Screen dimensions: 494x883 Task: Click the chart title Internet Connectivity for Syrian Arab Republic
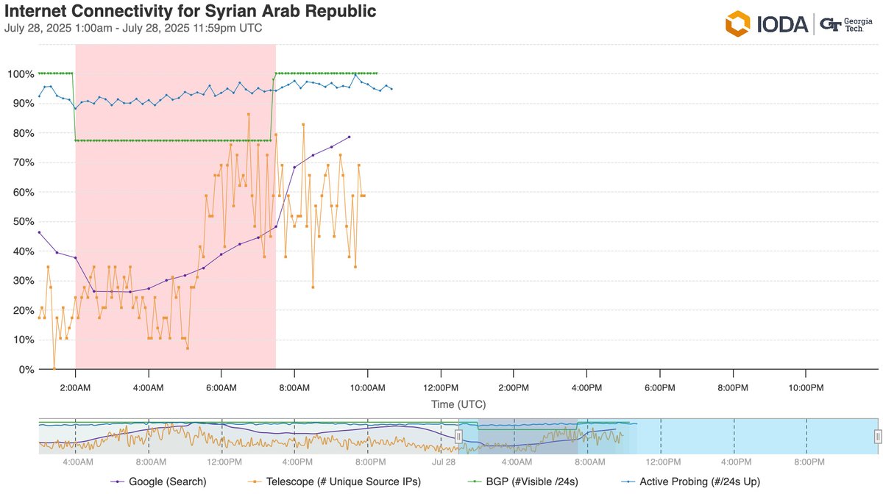pyautogui.click(x=191, y=12)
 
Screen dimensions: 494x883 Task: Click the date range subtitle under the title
pyautogui.click(x=133, y=29)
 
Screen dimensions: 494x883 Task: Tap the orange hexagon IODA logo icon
pyautogui.click(x=737, y=24)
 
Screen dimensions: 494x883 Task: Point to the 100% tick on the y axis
pyautogui.click(x=21, y=74)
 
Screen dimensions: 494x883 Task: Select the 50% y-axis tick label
pyautogui.click(x=23, y=222)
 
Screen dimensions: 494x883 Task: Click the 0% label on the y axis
pyautogui.click(x=26, y=370)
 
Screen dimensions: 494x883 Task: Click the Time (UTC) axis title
pyautogui.click(x=458, y=404)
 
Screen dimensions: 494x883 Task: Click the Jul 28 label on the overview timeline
pyautogui.click(x=444, y=462)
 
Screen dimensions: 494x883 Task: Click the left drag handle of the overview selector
pyautogui.click(x=458, y=437)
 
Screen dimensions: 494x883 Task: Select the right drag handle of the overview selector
pyautogui.click(x=877, y=437)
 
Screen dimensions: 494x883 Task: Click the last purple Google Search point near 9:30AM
pyautogui.click(x=350, y=137)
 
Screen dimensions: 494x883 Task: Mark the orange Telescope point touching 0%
pyautogui.click(x=54, y=369)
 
